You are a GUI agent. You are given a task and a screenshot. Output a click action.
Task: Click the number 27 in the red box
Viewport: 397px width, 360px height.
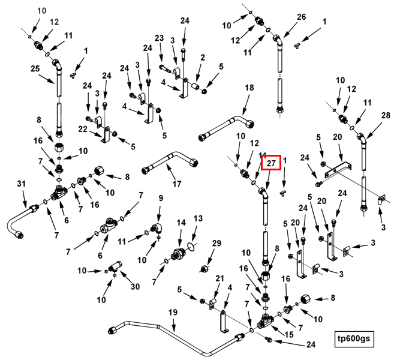tap(271, 163)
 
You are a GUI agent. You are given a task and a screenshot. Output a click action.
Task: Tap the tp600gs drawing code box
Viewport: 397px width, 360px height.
tap(354, 339)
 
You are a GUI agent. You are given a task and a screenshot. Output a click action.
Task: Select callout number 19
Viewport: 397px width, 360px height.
tap(173, 313)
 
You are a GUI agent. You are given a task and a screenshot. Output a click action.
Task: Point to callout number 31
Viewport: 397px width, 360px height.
tap(21, 183)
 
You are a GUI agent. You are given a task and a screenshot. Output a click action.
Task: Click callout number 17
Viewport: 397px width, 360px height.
tap(177, 184)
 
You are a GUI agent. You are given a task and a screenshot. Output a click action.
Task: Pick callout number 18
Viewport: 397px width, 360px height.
tap(249, 88)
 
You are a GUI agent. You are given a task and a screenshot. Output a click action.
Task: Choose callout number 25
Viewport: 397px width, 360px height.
tap(35, 68)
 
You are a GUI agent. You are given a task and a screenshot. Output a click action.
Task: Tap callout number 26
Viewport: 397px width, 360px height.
tap(301, 17)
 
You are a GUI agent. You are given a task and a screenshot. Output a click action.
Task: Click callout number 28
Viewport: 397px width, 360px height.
tap(386, 116)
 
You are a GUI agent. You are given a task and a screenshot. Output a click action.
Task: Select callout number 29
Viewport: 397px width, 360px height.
tap(216, 243)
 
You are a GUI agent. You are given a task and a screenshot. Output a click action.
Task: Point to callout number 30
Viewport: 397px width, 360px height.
tap(135, 287)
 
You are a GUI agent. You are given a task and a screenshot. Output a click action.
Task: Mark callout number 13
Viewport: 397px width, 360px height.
tap(198, 218)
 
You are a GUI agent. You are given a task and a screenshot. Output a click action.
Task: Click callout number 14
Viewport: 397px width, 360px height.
tap(181, 223)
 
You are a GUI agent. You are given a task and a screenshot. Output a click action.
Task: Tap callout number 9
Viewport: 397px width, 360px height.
tap(161, 198)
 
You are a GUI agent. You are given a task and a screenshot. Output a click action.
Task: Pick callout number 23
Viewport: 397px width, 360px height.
tap(160, 38)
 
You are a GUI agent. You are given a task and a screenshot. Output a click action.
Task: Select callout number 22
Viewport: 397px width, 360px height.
tap(83, 129)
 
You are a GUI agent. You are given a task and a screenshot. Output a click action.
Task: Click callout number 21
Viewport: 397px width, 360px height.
tap(219, 278)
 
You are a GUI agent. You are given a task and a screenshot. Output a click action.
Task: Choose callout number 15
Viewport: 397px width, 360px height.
tap(289, 335)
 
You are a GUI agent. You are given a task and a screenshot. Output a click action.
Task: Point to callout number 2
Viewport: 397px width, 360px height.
tap(203, 58)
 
